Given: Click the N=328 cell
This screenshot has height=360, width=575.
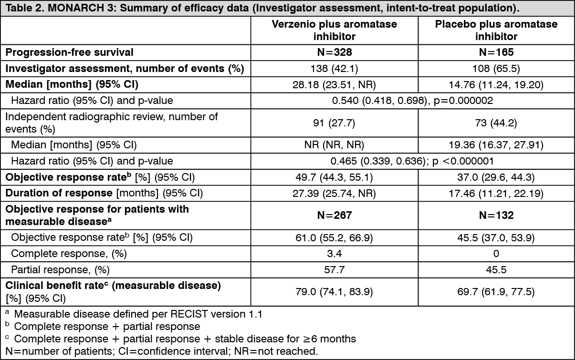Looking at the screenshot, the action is pyautogui.click(x=335, y=52).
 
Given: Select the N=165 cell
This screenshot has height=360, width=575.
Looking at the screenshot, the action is pyautogui.click(x=496, y=52).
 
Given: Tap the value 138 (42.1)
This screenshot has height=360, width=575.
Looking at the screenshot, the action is pyautogui.click(x=334, y=69).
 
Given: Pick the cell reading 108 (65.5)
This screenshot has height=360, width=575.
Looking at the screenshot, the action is pyautogui.click(x=496, y=69).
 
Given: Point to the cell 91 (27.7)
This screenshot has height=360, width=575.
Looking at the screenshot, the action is pyautogui.click(x=334, y=123).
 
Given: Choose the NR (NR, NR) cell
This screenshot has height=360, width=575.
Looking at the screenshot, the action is pyautogui.click(x=334, y=145).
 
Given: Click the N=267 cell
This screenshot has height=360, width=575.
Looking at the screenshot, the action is pyautogui.click(x=335, y=215).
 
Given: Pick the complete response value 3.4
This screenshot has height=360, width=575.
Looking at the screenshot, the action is pyautogui.click(x=334, y=254).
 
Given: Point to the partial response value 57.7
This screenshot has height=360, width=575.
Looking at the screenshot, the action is pyautogui.click(x=334, y=270).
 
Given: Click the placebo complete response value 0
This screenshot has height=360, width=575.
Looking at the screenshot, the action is pyautogui.click(x=496, y=254).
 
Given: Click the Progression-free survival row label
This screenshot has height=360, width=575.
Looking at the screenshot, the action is pyautogui.click(x=69, y=52).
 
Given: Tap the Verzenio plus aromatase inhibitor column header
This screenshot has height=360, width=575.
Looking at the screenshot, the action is pyautogui.click(x=335, y=30).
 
